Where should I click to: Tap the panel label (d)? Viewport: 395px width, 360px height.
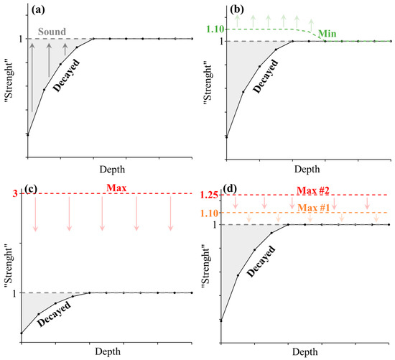(231, 190)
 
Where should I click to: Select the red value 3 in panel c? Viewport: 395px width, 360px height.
(14, 194)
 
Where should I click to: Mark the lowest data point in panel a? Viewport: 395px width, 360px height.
(28, 134)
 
